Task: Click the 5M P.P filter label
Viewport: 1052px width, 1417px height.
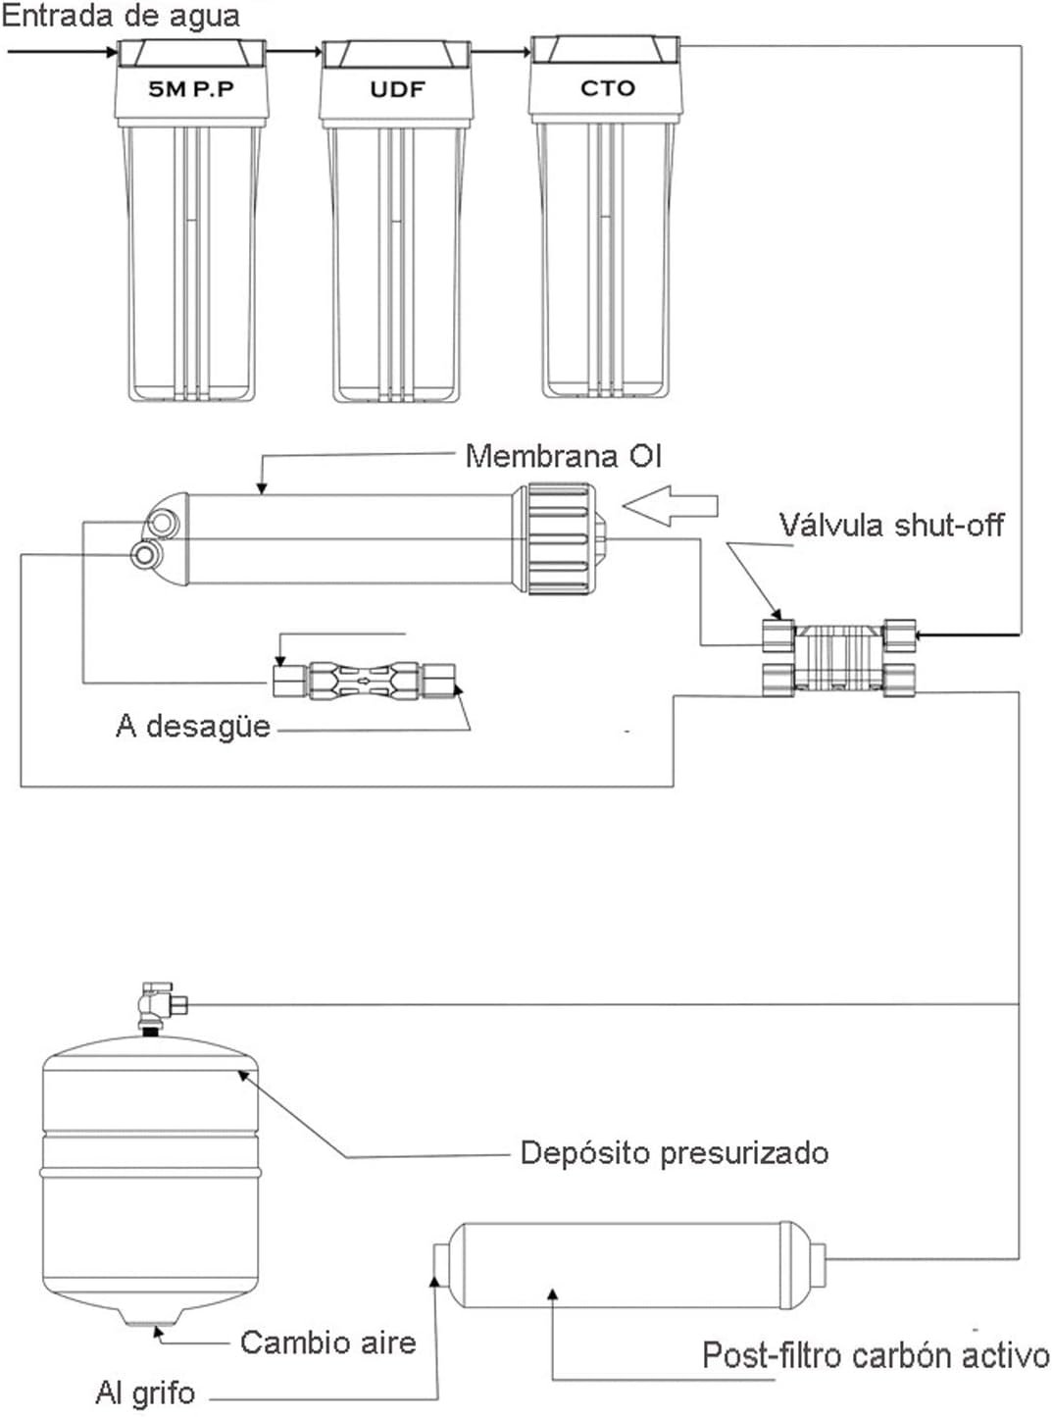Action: point(191,89)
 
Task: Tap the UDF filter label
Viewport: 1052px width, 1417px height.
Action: point(397,89)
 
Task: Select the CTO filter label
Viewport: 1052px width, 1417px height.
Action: point(608,88)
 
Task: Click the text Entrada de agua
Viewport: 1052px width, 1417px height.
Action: point(121,16)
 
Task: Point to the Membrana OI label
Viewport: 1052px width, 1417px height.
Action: point(564,456)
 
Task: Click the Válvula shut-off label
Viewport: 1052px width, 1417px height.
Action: point(891,526)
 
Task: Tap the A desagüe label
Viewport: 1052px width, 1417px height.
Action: point(192,726)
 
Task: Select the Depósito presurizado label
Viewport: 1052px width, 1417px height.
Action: point(674,1152)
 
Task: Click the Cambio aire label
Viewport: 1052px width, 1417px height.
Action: point(327,1342)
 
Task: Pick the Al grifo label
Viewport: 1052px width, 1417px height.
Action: point(145,1392)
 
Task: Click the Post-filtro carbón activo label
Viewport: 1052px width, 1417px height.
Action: point(876,1356)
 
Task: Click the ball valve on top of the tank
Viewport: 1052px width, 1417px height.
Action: point(155,1005)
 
